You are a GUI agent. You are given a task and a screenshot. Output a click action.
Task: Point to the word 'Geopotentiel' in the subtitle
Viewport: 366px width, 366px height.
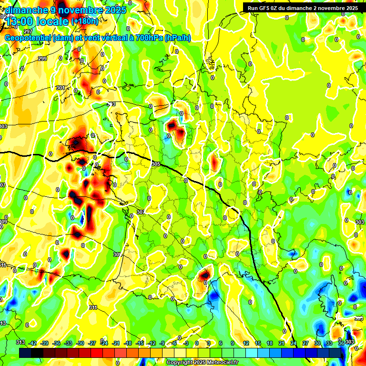tap(28, 38)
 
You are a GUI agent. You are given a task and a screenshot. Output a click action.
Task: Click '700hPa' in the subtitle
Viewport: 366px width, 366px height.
tap(149, 38)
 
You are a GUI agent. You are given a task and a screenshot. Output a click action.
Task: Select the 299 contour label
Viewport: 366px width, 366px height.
tap(42, 59)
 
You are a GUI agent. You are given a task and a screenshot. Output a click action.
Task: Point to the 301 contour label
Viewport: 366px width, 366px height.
tap(60, 88)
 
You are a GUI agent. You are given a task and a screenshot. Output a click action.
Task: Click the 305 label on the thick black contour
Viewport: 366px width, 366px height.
tap(156, 164)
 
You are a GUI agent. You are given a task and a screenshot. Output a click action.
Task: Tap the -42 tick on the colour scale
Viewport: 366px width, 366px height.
tap(32, 343)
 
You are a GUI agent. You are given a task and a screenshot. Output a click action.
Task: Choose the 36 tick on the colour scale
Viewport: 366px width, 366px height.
tap(341, 343)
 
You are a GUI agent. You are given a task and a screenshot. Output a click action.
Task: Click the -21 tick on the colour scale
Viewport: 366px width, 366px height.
tap(116, 343)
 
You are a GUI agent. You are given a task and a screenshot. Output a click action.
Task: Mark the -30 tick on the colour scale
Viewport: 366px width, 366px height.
tap(80, 343)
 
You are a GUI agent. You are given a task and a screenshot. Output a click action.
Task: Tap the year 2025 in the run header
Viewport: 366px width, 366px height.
tap(350, 8)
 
